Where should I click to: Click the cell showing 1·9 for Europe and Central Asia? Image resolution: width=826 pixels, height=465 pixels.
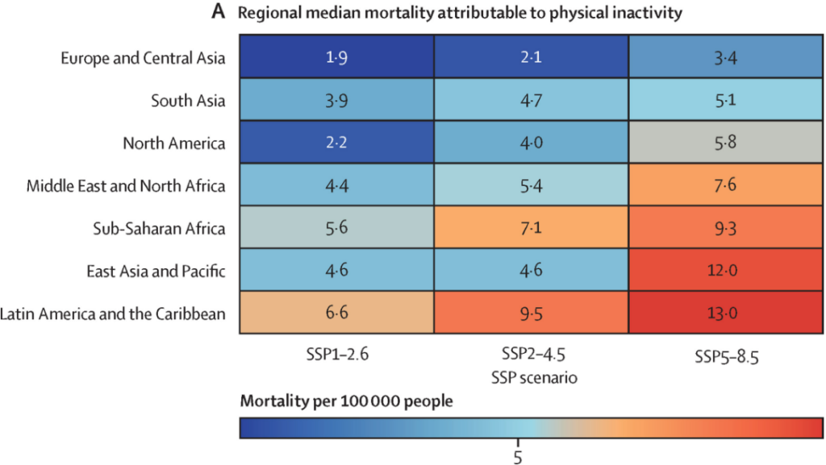pos(336,58)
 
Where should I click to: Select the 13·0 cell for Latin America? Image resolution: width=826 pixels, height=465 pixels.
pos(725,313)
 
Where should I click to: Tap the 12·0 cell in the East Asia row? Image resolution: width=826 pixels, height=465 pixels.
pos(725,271)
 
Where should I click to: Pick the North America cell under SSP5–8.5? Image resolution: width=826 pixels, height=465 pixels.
pos(725,143)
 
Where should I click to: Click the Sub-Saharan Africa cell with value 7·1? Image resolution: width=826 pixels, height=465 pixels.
pos(531,228)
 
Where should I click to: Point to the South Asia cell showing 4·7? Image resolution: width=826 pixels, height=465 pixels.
pos(531,101)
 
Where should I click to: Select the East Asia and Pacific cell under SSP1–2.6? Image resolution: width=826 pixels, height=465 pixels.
pos(336,271)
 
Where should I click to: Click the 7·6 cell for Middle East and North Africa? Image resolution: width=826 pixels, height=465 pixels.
pos(725,186)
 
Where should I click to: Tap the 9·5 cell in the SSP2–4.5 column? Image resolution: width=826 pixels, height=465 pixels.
pos(531,313)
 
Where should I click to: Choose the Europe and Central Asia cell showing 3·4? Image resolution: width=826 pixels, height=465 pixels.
pos(725,58)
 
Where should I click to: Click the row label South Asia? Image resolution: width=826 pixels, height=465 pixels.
pos(188,101)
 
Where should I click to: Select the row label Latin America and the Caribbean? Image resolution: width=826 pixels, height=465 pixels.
pos(114,313)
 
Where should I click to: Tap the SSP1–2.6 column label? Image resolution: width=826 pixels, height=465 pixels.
pos(336,355)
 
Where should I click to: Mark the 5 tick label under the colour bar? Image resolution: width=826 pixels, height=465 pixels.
pos(517,456)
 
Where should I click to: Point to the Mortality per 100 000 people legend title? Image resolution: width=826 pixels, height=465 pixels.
pos(346,401)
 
